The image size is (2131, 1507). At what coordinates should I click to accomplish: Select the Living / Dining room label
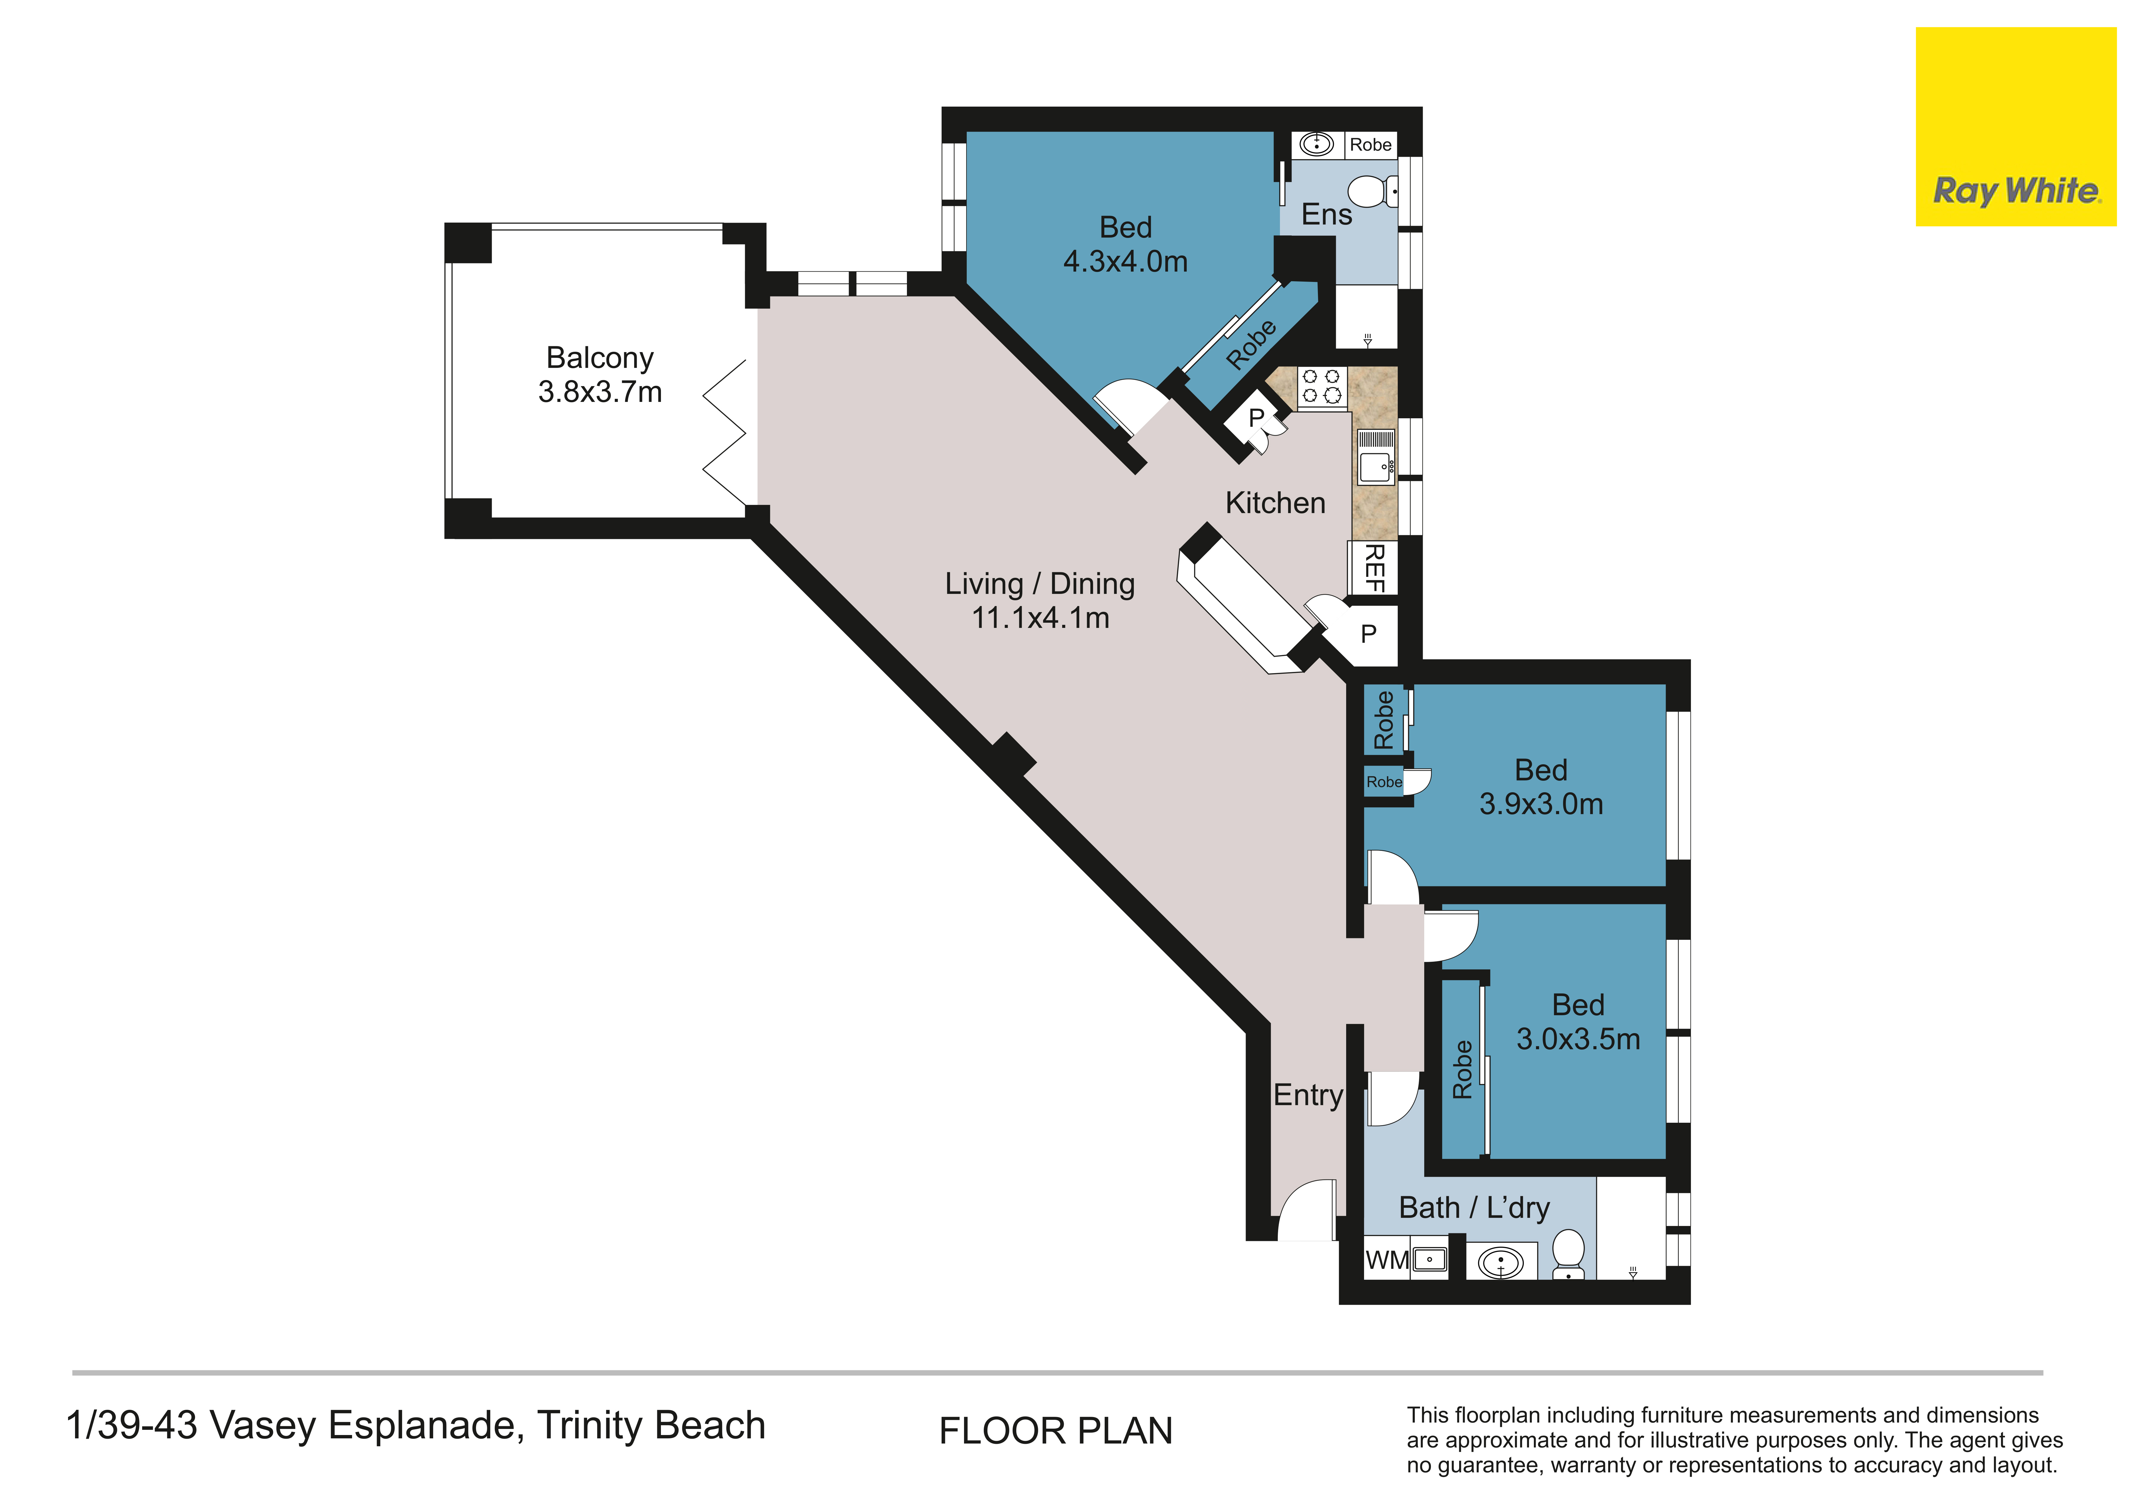1039,600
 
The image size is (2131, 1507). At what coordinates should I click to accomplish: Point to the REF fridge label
1374,568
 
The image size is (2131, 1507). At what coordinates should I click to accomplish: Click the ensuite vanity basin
1316,144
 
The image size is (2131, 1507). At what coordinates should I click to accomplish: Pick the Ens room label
1326,214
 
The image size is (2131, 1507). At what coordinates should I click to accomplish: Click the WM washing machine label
1387,1260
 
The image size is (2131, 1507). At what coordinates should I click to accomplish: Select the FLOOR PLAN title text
1055,1431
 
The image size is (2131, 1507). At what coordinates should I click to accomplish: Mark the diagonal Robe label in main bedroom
1251,344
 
